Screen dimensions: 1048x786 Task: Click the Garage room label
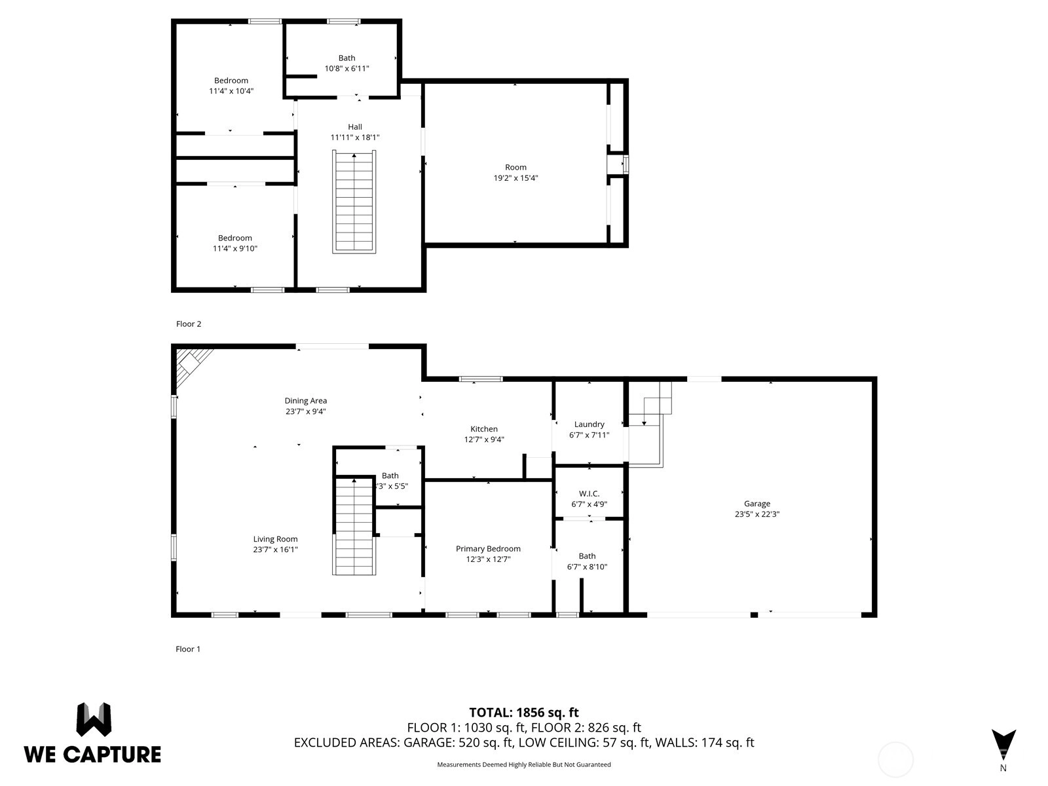(x=757, y=504)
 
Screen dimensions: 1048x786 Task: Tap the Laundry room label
(x=589, y=424)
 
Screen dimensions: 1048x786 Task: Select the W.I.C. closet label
(x=589, y=493)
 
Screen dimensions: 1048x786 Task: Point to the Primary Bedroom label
(x=488, y=549)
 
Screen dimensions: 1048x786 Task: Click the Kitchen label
(x=483, y=429)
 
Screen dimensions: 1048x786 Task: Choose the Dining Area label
(x=306, y=401)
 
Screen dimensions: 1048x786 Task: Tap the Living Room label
(x=276, y=539)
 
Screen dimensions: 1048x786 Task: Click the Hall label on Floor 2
(x=355, y=127)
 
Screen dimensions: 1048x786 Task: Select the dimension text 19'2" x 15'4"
(x=515, y=178)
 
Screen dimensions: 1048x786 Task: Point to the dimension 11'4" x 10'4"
(x=231, y=91)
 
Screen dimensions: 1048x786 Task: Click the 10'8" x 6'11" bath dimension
(x=346, y=69)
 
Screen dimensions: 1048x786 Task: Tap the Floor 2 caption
(x=189, y=324)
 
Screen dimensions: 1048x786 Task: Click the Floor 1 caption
(x=188, y=649)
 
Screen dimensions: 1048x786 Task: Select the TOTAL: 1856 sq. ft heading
(x=524, y=713)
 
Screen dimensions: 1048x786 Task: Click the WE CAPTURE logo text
(x=92, y=755)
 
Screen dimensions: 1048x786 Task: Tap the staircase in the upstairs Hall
(x=354, y=202)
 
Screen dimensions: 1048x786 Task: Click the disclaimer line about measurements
(x=524, y=764)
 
